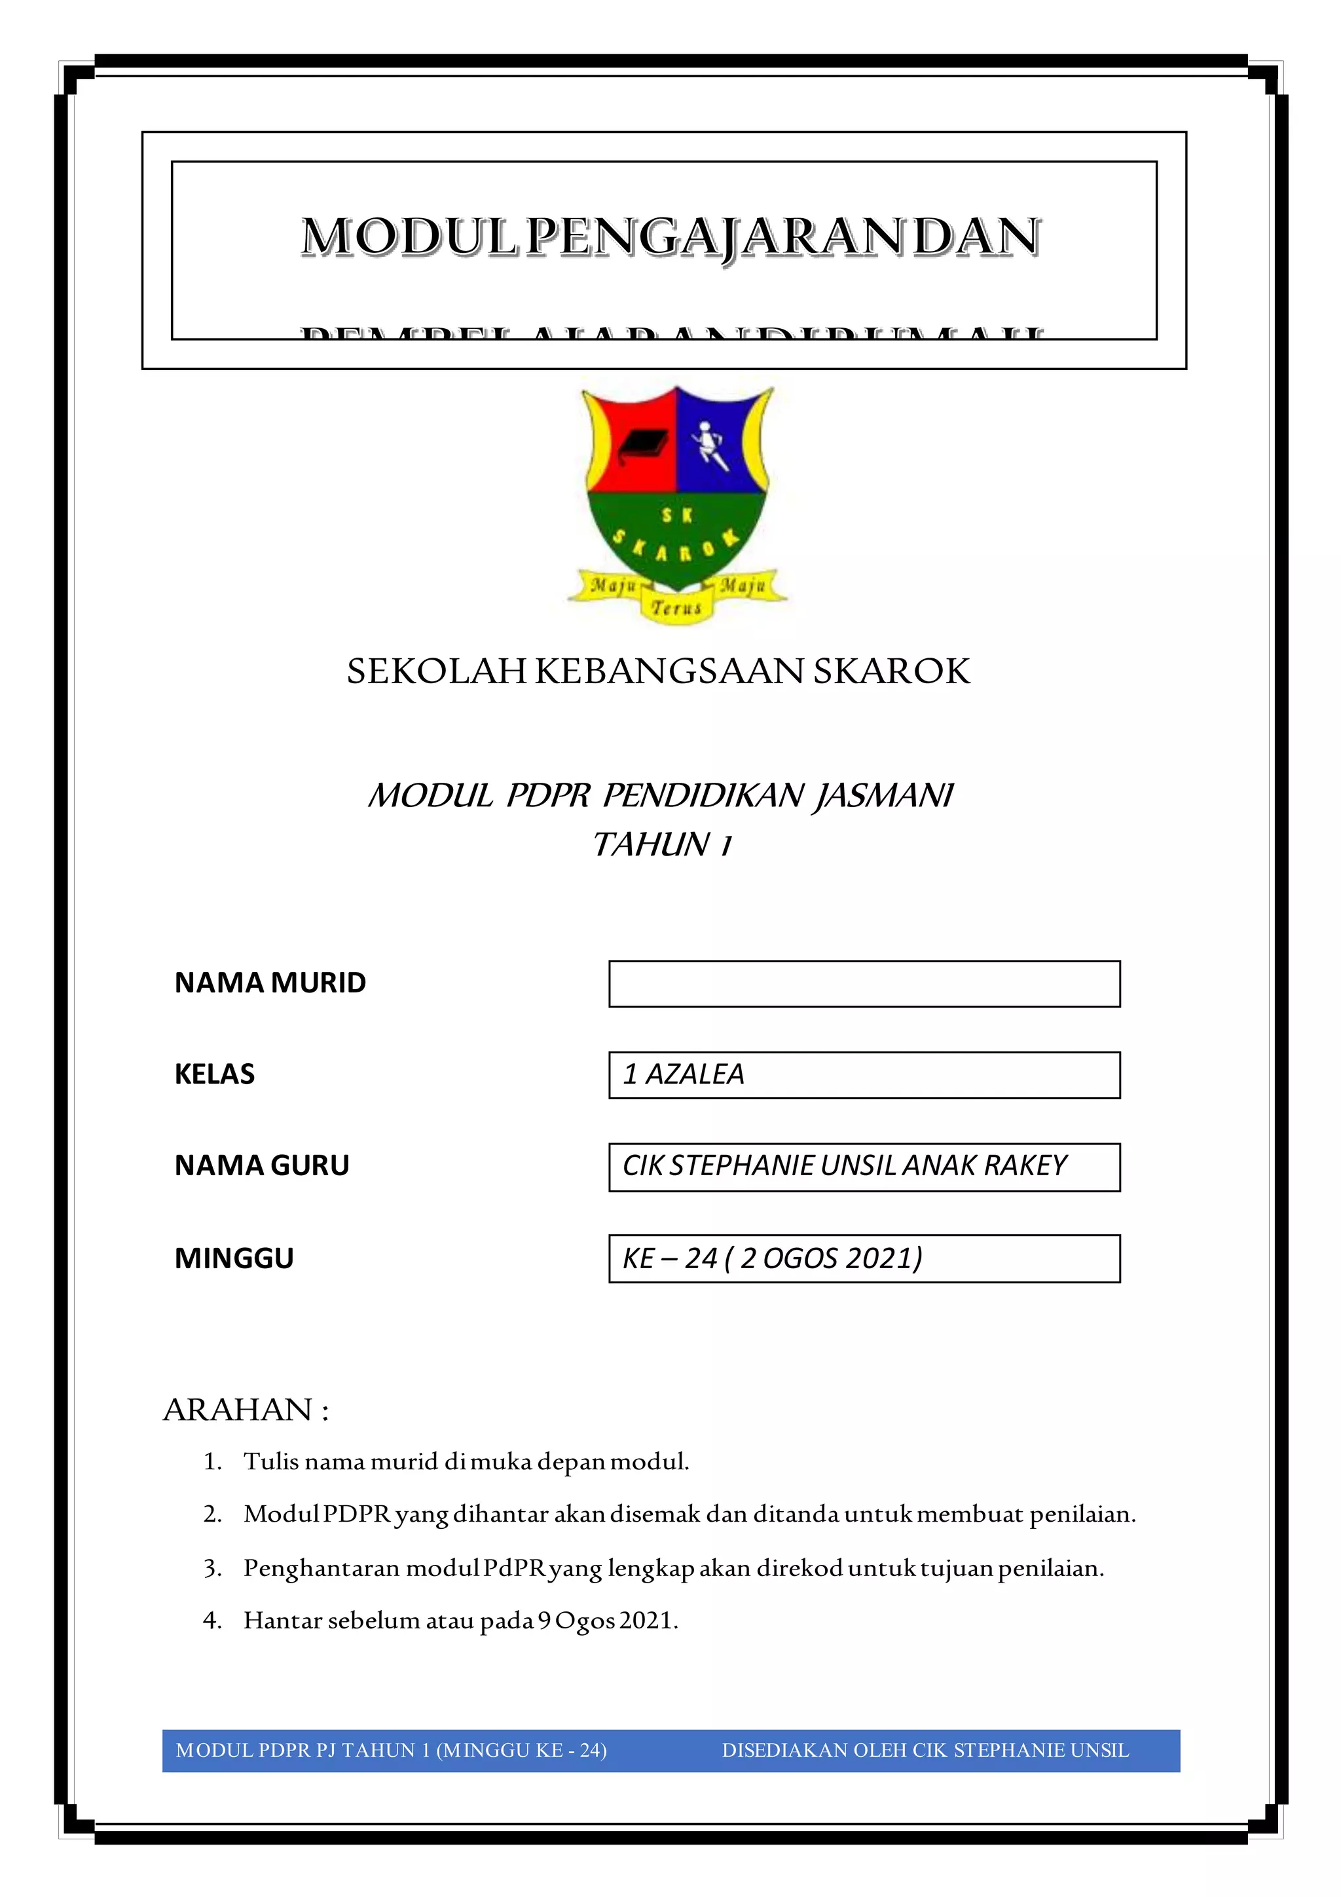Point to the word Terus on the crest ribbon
click(676, 608)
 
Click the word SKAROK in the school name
click(892, 671)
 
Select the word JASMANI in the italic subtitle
click(883, 796)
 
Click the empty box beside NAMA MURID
click(864, 983)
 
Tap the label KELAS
click(215, 1074)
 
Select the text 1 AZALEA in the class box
click(684, 1074)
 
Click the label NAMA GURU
click(262, 1166)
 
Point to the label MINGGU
click(234, 1258)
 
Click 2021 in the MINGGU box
click(882, 1258)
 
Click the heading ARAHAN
click(238, 1410)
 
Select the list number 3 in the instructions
click(212, 1568)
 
